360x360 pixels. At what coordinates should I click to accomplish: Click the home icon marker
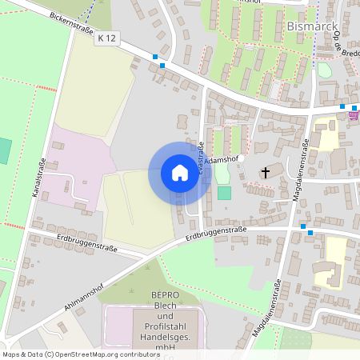point(179,173)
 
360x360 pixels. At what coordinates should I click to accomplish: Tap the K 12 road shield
point(106,38)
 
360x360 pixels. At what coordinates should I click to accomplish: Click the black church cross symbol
point(266,172)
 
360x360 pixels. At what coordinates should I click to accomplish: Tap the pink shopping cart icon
point(353,114)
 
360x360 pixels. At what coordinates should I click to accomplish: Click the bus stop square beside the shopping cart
point(342,106)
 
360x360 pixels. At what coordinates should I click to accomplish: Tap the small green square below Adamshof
point(224,193)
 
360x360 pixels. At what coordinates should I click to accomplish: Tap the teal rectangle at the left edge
point(5,151)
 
